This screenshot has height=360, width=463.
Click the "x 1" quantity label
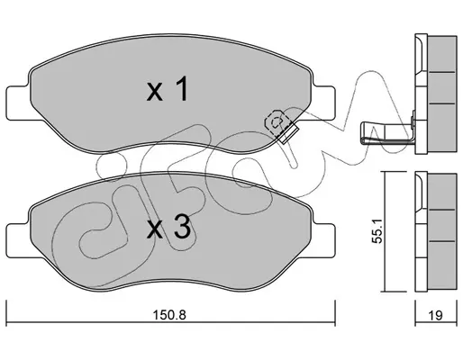tap(168, 88)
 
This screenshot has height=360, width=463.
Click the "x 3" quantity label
tap(168, 228)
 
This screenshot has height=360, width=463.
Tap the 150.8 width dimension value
tap(169, 315)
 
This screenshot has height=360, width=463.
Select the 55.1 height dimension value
tap(377, 230)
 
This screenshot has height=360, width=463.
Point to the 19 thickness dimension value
tap(435, 315)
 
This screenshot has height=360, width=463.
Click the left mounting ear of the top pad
tap(18, 103)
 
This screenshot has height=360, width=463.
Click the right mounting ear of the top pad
tap(323, 103)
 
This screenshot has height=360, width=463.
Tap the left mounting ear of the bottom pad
tap(18, 240)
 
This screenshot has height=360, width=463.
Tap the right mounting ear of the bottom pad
tap(323, 240)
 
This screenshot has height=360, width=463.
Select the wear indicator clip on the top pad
tap(281, 126)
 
